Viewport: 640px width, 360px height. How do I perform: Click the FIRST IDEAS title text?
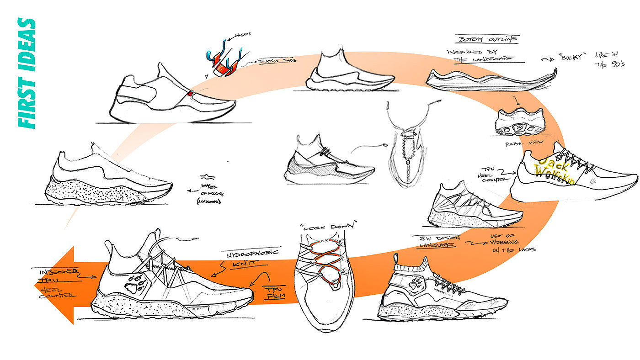27,73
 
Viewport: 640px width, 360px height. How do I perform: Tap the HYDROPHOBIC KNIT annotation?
245,257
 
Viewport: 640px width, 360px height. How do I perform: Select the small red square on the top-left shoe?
190,95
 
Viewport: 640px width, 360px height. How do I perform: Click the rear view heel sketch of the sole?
520,122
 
